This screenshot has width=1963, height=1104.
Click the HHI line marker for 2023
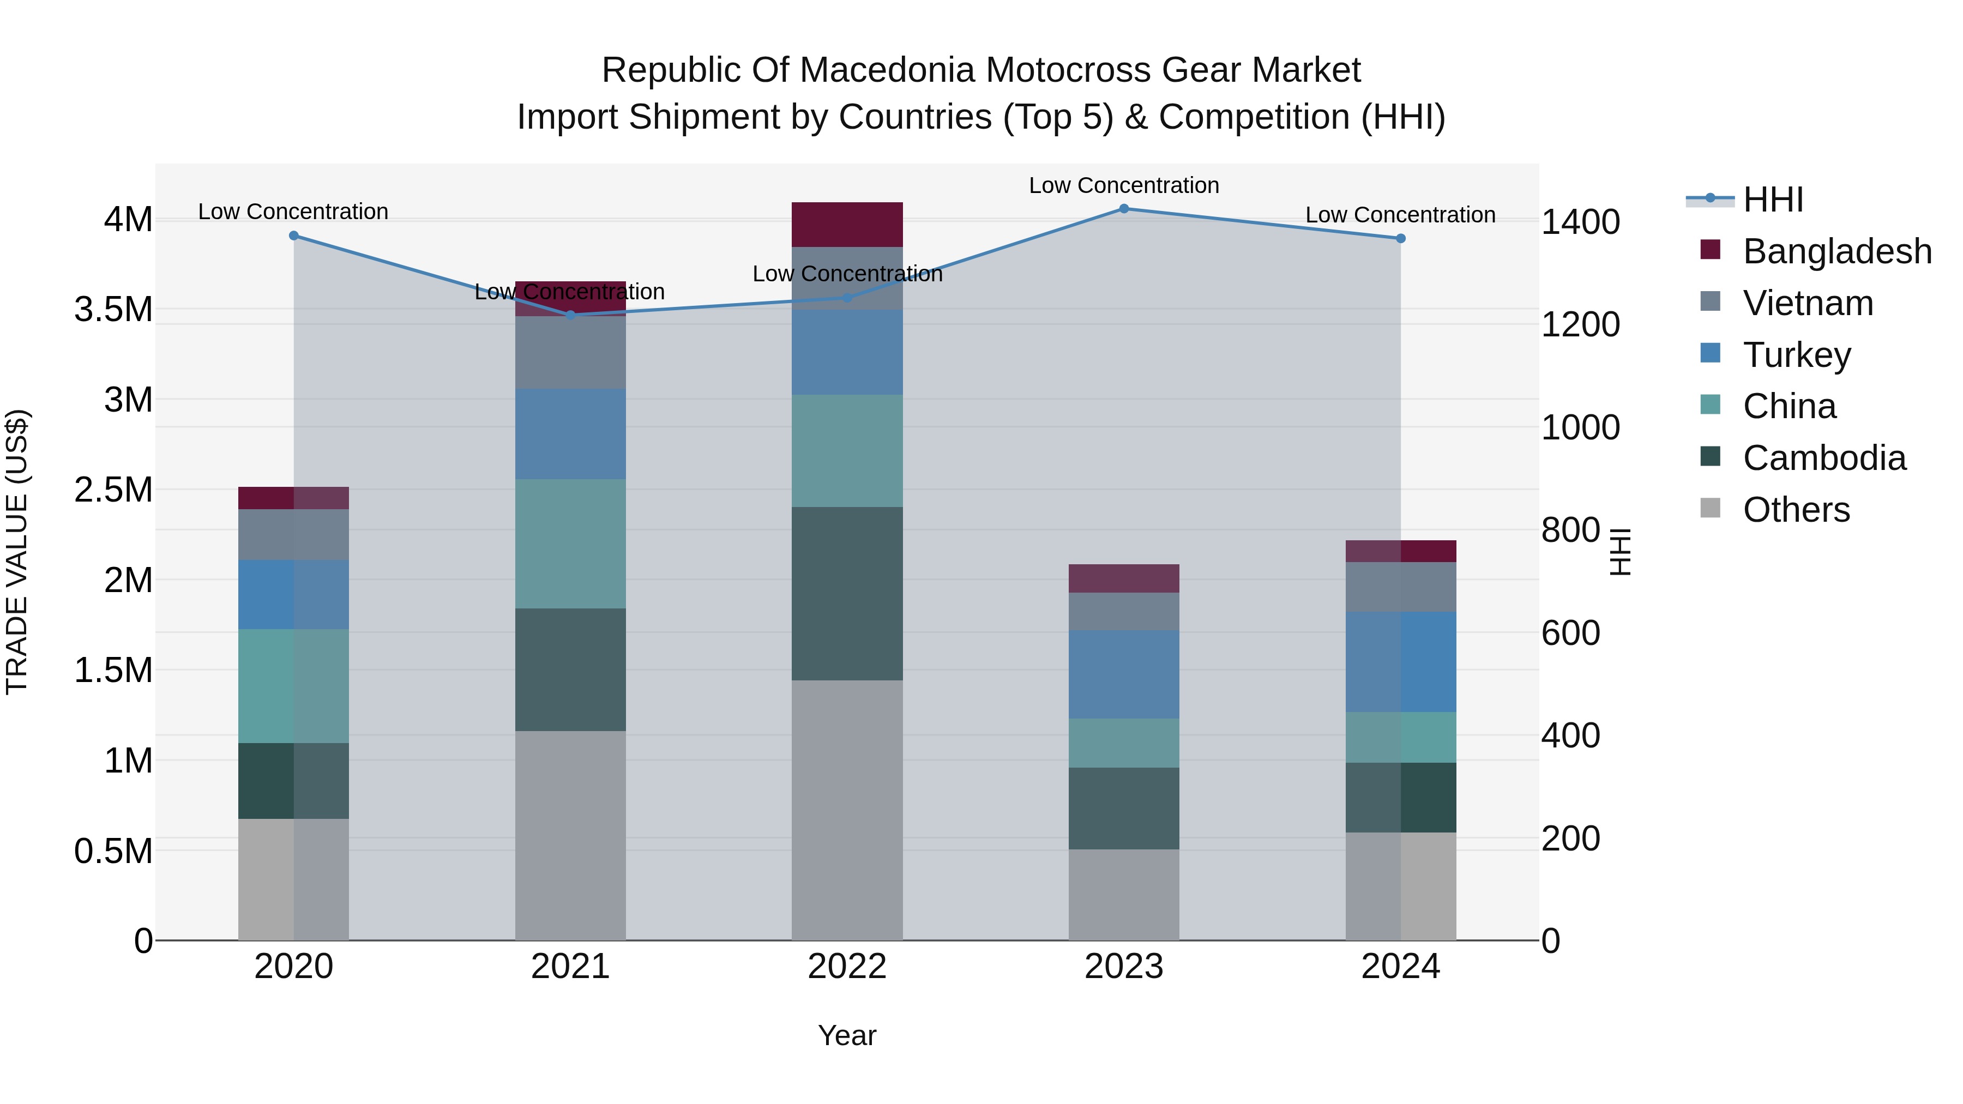[1123, 209]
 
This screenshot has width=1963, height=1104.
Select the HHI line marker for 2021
[571, 315]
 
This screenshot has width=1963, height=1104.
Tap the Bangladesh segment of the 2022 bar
[847, 224]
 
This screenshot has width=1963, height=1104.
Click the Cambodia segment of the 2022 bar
[847, 594]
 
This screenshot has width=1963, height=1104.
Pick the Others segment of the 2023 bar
[1123, 895]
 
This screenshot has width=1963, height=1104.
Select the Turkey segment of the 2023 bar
[1123, 674]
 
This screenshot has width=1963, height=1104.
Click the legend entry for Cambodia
[1823, 458]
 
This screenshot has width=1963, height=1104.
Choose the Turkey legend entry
[1796, 355]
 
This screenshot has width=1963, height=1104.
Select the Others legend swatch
[1710, 508]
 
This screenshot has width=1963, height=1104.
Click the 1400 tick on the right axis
[1580, 222]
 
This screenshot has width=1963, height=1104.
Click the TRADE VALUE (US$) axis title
[17, 552]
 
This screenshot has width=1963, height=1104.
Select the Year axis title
[847, 1035]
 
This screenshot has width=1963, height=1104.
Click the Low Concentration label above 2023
[1123, 185]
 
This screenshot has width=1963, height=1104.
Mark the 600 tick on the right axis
[1570, 633]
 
